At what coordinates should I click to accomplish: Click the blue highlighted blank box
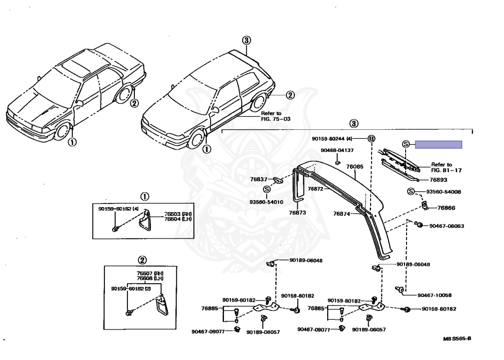pyautogui.click(x=438, y=144)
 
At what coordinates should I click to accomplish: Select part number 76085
pyautogui.click(x=354, y=167)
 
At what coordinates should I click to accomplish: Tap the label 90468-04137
pyautogui.click(x=337, y=150)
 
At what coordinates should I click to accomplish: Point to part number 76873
pyautogui.click(x=298, y=212)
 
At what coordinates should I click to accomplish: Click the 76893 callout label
pyautogui.click(x=438, y=180)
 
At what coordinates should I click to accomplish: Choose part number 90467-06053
pyautogui.click(x=446, y=226)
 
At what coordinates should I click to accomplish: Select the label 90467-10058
pyautogui.click(x=435, y=295)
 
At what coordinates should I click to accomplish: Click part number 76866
pyautogui.click(x=446, y=208)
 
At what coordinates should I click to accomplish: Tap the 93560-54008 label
pyautogui.click(x=443, y=192)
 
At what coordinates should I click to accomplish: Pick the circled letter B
pyautogui.click(x=372, y=139)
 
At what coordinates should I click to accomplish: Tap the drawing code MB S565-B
pyautogui.click(x=457, y=339)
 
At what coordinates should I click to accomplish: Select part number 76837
pyautogui.click(x=260, y=180)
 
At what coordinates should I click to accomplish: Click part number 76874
pyautogui.click(x=341, y=213)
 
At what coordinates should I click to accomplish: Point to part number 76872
pyautogui.click(x=316, y=188)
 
